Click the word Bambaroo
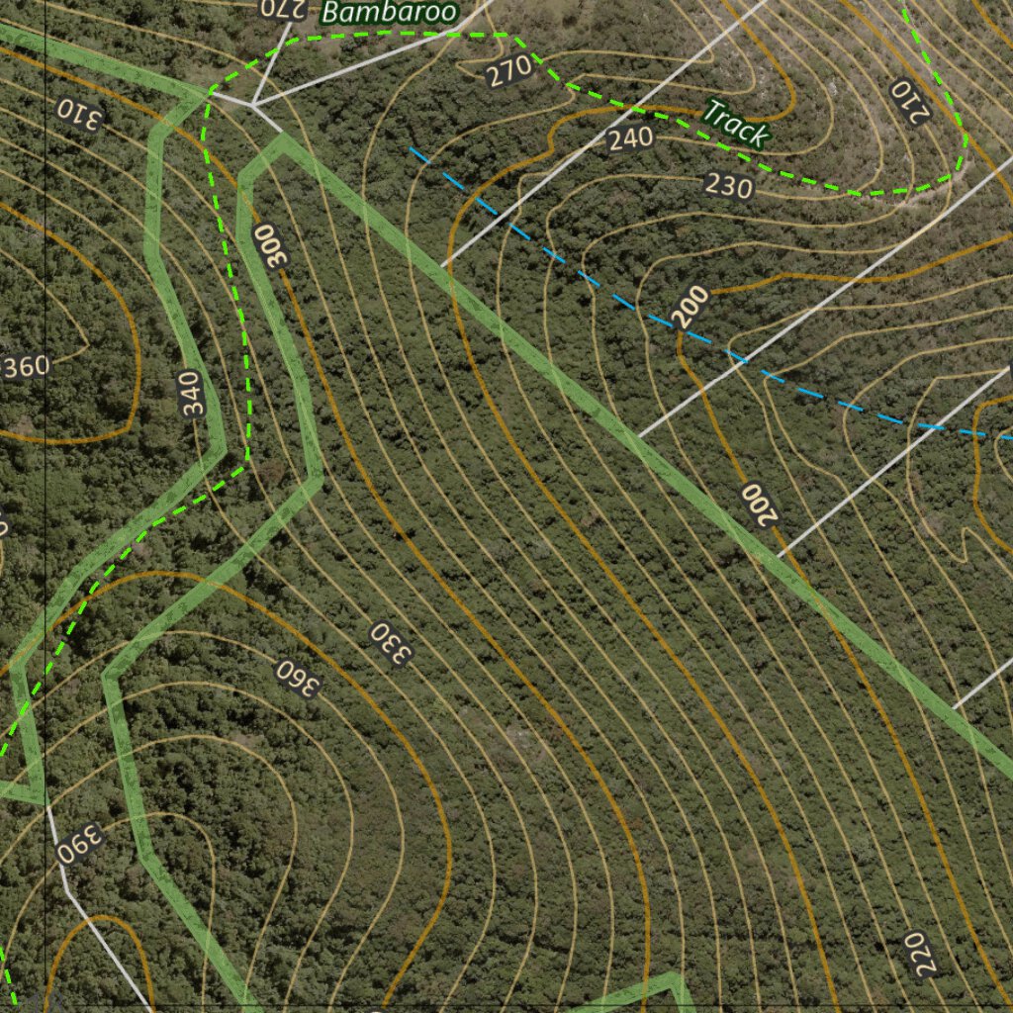pos(390,12)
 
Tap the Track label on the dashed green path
pos(735,124)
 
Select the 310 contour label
pos(79,115)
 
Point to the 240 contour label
pos(630,138)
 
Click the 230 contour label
pos(729,185)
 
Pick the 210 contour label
pos(911,101)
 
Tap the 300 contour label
pos(269,244)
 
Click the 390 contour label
pos(79,843)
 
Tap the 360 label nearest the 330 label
pos(295,677)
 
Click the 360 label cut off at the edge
pos(25,368)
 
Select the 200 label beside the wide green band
pos(758,505)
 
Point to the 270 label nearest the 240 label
pos(508,72)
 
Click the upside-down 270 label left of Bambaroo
pos(280,9)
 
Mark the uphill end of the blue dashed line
pos(411,149)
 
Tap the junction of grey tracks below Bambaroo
pos(252,104)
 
